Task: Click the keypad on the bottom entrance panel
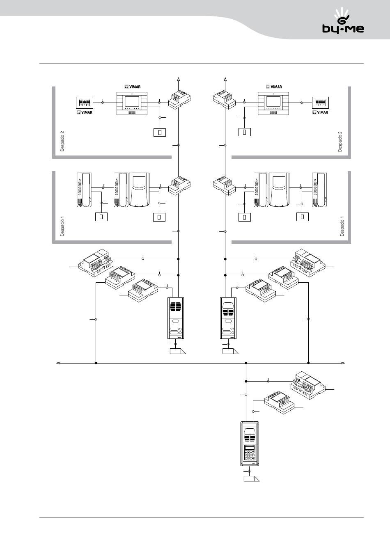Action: click(250, 455)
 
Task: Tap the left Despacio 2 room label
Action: click(62, 141)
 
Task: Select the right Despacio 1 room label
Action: click(342, 226)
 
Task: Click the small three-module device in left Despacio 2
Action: click(85, 103)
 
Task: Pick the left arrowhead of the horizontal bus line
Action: click(58, 363)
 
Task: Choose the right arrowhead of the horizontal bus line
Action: click(343, 363)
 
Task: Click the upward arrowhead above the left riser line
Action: click(179, 80)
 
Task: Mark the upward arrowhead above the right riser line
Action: click(225, 80)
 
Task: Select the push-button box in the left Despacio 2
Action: click(160, 133)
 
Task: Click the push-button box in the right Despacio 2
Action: click(245, 132)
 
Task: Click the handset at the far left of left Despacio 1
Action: click(84, 190)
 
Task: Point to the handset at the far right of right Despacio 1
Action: click(320, 190)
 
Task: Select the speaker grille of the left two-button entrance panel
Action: click(176, 307)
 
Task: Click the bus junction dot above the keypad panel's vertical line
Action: click(246, 363)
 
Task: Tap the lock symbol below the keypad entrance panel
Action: click(252, 478)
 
